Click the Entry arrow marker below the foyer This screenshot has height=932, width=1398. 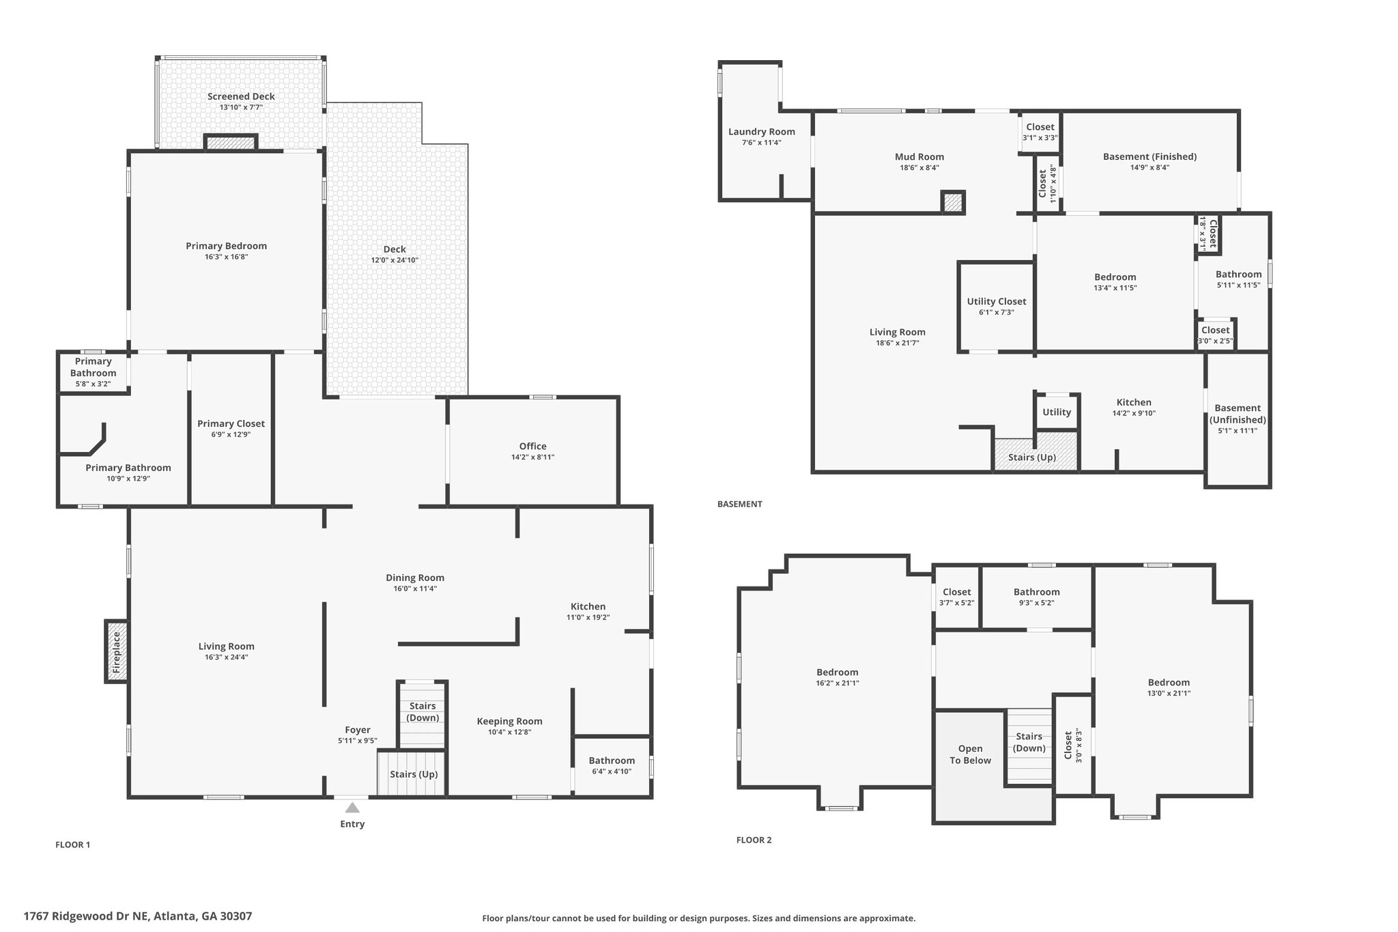pos(352,808)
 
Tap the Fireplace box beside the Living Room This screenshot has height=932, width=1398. pos(116,651)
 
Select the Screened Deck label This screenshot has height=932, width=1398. pos(242,96)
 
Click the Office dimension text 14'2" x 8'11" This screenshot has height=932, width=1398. pos(533,457)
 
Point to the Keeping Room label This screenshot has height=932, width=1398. pos(510,721)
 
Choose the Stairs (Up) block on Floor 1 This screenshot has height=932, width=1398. pos(412,774)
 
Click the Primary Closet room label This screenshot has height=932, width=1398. pos(231,423)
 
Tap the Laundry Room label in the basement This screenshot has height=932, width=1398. pos(762,132)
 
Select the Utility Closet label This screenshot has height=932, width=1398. pos(997,301)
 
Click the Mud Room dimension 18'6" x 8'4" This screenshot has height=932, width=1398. pos(919,168)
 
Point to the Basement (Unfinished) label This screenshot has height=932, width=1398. pos(1238,414)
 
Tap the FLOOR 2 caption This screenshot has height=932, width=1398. pos(754,840)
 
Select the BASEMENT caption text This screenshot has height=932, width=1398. pos(740,504)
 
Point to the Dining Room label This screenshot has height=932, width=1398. pos(415,578)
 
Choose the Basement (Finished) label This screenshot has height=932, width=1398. pos(1150,156)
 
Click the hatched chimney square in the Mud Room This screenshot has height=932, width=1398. pos(953,202)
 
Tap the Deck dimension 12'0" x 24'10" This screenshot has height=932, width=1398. pos(395,260)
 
